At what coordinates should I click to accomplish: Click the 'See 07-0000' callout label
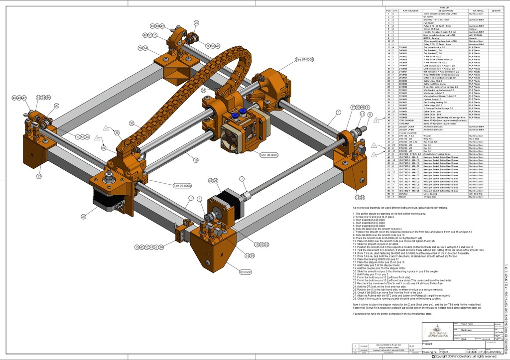coord(304,59)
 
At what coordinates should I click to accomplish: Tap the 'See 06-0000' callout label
coord(182,186)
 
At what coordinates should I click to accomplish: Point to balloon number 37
coord(84,217)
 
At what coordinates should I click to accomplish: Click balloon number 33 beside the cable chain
coord(131,123)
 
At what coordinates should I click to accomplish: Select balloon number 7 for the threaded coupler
coord(242,179)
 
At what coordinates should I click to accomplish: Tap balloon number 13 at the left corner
coord(39,176)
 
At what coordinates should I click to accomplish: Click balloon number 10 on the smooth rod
coord(196,160)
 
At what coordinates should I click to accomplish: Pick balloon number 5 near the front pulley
coord(199,199)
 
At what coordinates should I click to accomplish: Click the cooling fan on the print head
coord(231,135)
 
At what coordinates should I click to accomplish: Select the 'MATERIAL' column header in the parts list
coord(479,10)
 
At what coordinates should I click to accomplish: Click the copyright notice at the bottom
coord(465,356)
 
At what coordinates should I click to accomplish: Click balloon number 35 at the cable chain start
coord(117,132)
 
